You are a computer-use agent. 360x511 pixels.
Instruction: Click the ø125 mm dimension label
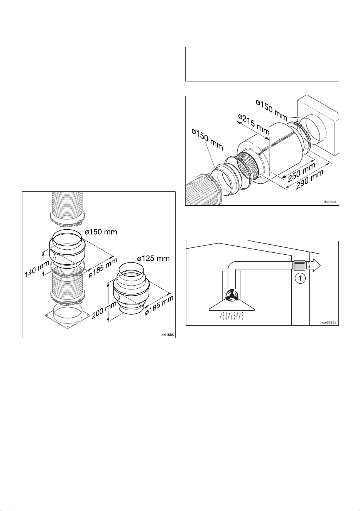pos(154,258)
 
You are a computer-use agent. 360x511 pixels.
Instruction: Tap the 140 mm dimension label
pos(37,269)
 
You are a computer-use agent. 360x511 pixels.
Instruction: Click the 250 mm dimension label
pos(301,172)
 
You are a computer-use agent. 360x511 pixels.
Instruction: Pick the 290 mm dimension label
pos(310,179)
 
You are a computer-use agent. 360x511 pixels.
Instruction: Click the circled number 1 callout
pos(300,278)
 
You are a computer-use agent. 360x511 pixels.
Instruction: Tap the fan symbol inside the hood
pos(232,295)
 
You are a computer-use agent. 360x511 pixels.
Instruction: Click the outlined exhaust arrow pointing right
pos(315,265)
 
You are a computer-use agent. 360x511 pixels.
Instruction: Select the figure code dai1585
pos(167,335)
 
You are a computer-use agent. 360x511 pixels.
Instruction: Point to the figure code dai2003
pos(330,202)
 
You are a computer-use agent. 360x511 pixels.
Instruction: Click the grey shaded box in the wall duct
pos(300,265)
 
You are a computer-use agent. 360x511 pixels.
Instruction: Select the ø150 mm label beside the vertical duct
pos(101,232)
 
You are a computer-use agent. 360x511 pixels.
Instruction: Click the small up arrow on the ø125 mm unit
pos(118,296)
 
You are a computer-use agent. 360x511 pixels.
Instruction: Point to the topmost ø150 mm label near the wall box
pos(272,110)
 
